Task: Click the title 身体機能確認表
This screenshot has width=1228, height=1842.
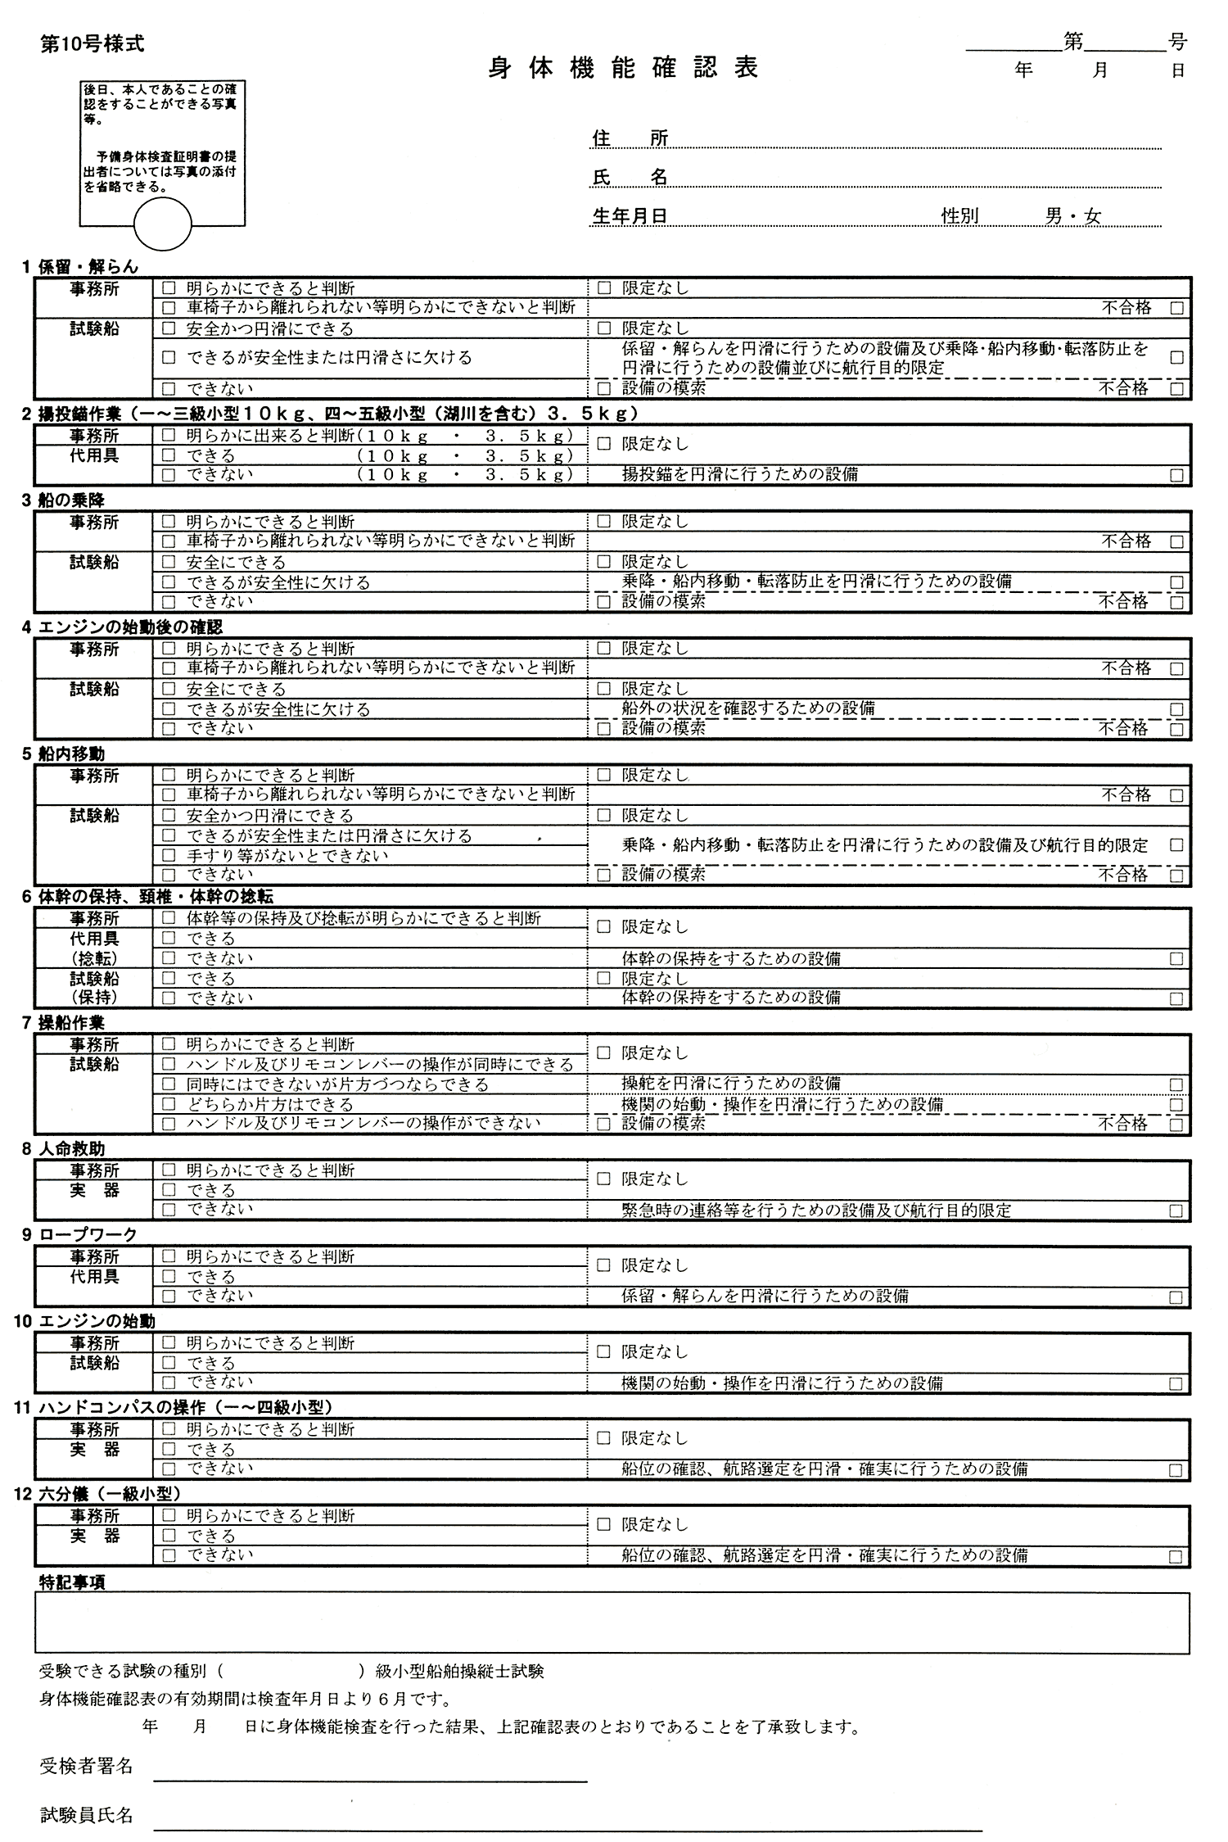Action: point(623,68)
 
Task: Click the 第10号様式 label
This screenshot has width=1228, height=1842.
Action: point(92,44)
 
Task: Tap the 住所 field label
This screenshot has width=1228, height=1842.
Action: point(630,138)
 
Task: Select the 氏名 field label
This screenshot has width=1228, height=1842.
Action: point(630,177)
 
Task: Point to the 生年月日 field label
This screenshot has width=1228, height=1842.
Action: point(630,215)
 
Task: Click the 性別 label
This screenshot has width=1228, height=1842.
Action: point(959,215)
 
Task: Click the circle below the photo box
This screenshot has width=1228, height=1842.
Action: point(162,224)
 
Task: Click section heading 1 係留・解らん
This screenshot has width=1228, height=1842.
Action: point(80,266)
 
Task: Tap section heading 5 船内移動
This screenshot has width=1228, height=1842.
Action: point(64,754)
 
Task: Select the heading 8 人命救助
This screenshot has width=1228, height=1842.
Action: point(64,1148)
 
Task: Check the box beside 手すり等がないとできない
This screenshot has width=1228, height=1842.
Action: point(169,855)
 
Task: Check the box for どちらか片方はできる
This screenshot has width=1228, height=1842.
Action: point(169,1104)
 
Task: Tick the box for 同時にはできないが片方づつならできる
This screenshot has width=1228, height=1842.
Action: point(169,1084)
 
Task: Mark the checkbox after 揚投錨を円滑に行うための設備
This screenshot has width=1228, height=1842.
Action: point(1176,475)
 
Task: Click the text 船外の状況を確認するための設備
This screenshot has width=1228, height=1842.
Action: point(748,708)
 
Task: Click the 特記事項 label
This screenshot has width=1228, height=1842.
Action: point(72,1582)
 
